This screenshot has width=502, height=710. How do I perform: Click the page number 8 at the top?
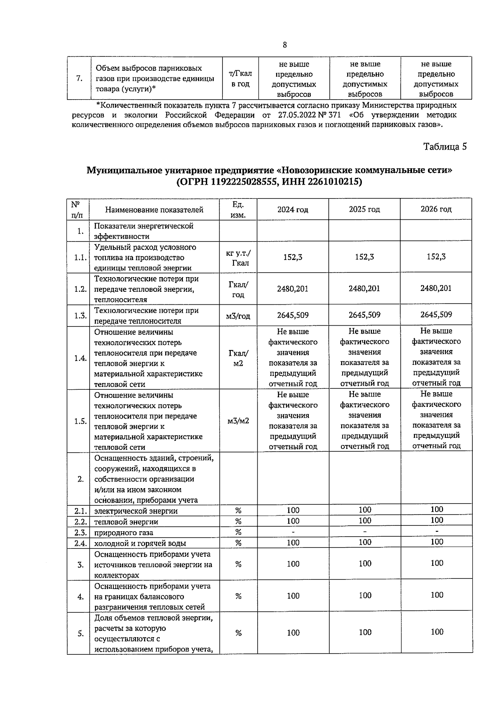(x=285, y=45)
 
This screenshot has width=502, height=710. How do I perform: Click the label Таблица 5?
(x=445, y=147)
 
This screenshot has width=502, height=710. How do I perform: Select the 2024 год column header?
(x=293, y=209)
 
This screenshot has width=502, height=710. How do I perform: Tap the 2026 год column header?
(x=436, y=209)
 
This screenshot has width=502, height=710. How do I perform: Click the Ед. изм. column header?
(x=238, y=209)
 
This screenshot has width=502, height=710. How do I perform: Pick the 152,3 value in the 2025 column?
(x=364, y=257)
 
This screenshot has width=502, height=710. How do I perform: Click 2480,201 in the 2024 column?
(x=293, y=288)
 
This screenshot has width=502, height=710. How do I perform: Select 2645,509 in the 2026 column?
(x=436, y=314)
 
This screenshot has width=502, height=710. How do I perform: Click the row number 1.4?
(x=80, y=358)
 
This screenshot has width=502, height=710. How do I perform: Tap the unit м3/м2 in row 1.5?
(x=238, y=421)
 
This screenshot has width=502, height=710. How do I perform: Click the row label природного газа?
(x=123, y=532)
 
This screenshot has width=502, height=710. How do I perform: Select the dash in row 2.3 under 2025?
(x=365, y=532)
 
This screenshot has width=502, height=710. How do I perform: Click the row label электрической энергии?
(x=136, y=511)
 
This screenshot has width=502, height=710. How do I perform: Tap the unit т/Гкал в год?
(x=240, y=79)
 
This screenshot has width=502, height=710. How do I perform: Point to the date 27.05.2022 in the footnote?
(x=296, y=115)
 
